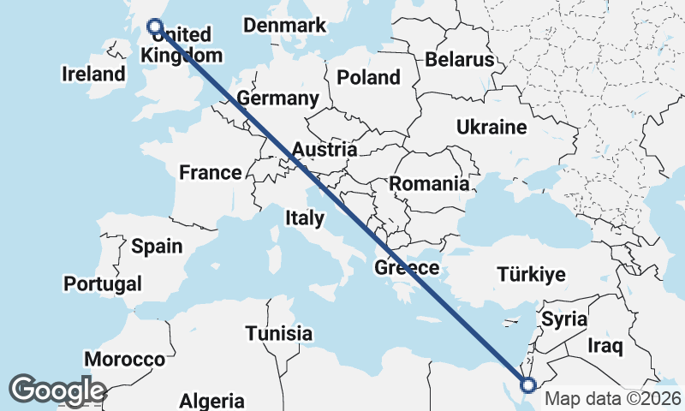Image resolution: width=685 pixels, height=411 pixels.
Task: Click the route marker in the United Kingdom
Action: pyautogui.click(x=155, y=27)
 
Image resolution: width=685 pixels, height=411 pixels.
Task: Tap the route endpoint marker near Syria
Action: pyautogui.click(x=527, y=386)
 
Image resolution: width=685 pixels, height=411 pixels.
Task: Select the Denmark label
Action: pyautogui.click(x=284, y=25)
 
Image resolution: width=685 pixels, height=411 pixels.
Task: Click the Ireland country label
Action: pyautogui.click(x=93, y=74)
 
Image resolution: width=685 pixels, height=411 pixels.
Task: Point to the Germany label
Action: pyautogui.click(x=278, y=98)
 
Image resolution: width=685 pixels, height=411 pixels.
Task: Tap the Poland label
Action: pyautogui.click(x=368, y=77)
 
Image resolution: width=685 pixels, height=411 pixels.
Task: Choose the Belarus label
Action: pyautogui.click(x=460, y=59)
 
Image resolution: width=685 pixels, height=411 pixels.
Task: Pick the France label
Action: pyautogui.click(x=210, y=173)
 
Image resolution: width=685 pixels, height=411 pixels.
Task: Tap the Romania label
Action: pyautogui.click(x=429, y=183)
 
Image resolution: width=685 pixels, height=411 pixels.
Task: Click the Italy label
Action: pyautogui.click(x=305, y=218)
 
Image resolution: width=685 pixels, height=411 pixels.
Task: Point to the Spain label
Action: pyautogui.click(x=157, y=247)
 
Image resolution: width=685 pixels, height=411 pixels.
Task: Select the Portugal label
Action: pyautogui.click(x=103, y=283)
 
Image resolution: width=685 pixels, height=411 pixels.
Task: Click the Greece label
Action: pyautogui.click(x=407, y=268)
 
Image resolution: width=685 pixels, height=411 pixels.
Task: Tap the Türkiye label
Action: pyautogui.click(x=532, y=275)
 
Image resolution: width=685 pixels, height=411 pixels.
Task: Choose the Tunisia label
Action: pyautogui.click(x=278, y=333)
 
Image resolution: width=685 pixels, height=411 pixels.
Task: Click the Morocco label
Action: pyautogui.click(x=124, y=360)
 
